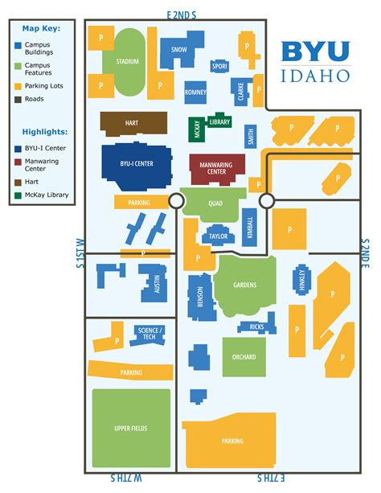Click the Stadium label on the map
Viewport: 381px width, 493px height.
(x=127, y=61)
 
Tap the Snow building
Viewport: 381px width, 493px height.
(x=178, y=49)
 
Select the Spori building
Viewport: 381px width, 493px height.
(x=219, y=67)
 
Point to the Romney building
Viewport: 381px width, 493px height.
(x=195, y=92)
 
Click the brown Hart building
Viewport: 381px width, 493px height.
(x=133, y=122)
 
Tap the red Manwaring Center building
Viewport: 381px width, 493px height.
(x=216, y=168)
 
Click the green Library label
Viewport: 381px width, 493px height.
(x=219, y=121)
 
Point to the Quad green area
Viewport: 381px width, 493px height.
(x=215, y=203)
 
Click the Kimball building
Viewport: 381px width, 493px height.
(x=249, y=227)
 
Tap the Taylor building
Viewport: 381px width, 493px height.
(x=218, y=236)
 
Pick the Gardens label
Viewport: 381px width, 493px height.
(x=244, y=286)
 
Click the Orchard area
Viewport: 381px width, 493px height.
(x=244, y=357)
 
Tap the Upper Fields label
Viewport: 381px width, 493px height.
(x=131, y=429)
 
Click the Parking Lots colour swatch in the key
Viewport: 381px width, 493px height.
(x=17, y=85)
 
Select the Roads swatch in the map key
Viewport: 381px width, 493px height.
(x=17, y=100)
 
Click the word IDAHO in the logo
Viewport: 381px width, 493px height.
(x=316, y=75)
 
